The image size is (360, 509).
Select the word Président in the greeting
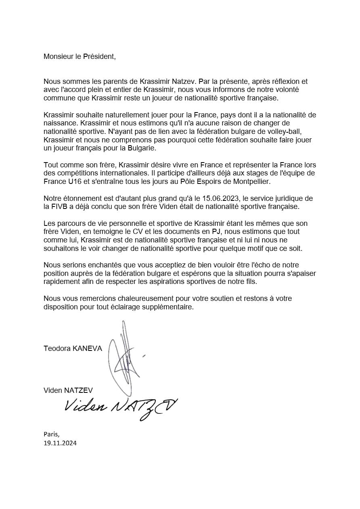point(98,56)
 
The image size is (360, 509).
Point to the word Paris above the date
point(51,434)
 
